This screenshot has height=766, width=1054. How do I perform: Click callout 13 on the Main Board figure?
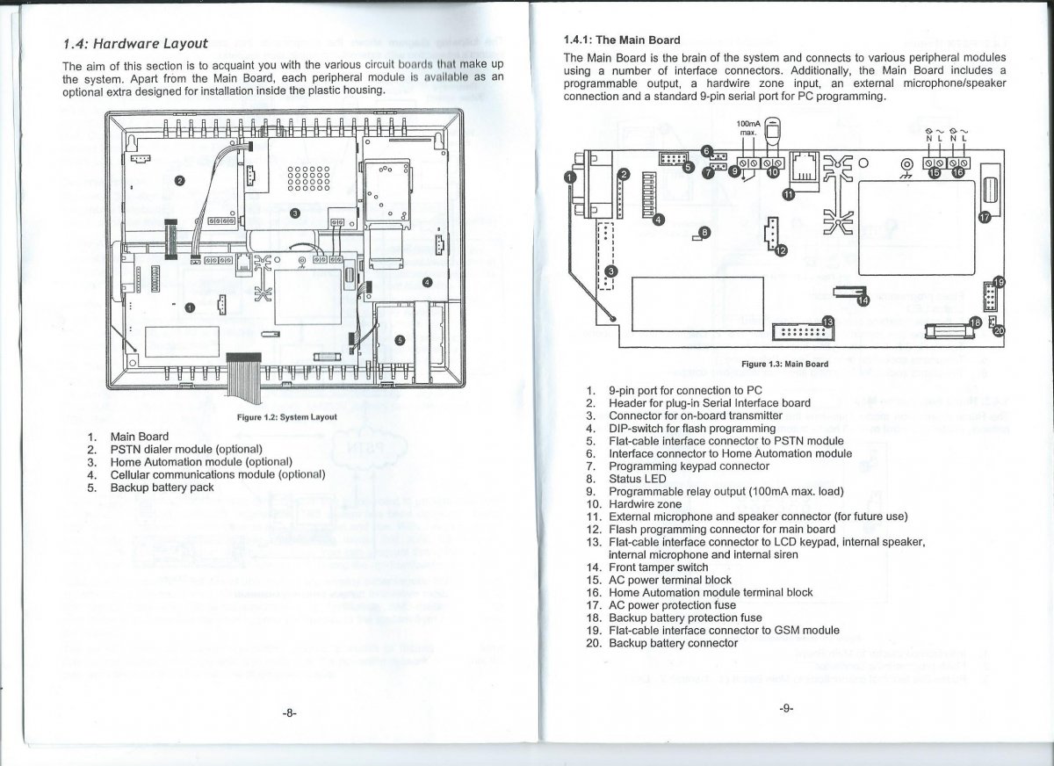coord(827,323)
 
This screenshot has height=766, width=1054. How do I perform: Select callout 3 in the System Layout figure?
coord(295,213)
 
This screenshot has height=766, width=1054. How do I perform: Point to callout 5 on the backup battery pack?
coord(400,340)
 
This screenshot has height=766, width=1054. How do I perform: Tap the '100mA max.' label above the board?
coord(747,130)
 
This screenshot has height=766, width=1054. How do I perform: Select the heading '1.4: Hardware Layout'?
coord(135,43)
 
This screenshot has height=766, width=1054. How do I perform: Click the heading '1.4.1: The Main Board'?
coord(621,40)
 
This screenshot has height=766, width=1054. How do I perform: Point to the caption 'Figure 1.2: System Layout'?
coord(287,416)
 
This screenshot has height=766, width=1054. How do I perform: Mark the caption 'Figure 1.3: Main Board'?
coord(784,364)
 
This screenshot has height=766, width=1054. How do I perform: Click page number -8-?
coord(289,713)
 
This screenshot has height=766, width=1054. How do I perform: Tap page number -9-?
coord(785,709)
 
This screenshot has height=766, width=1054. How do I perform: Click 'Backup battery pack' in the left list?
coord(162,487)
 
